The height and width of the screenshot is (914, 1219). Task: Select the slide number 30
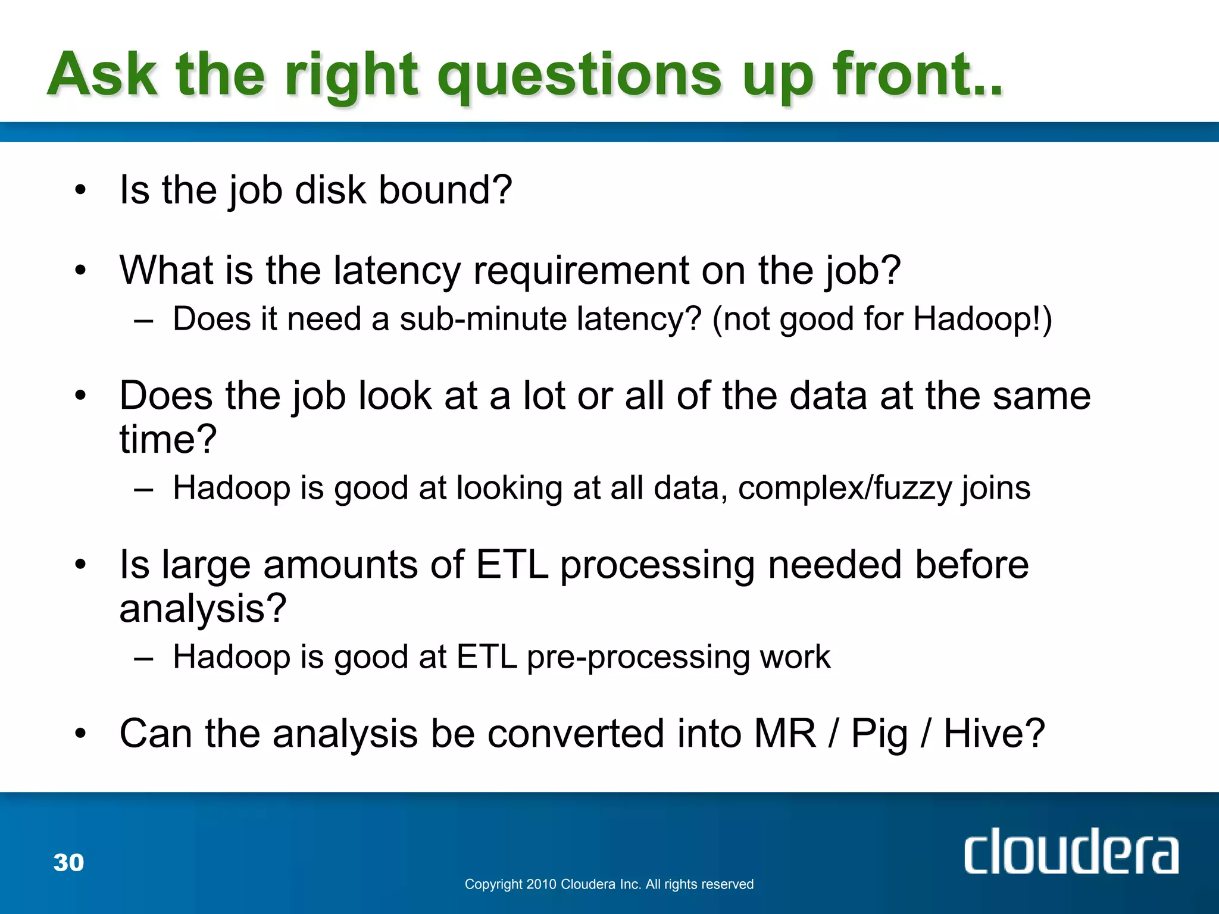(68, 862)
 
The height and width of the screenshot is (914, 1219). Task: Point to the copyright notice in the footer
(609, 884)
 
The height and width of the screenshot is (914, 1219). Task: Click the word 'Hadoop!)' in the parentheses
(983, 319)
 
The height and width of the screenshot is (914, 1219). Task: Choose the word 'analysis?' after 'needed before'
(203, 609)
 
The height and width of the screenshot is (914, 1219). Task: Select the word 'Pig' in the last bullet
(879, 734)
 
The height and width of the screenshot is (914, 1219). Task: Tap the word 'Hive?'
(994, 734)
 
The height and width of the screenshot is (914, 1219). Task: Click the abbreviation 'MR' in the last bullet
(784, 734)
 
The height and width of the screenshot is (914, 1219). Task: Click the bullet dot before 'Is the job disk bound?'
(80, 190)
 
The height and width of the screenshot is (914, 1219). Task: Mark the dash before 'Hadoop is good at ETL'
(143, 658)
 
